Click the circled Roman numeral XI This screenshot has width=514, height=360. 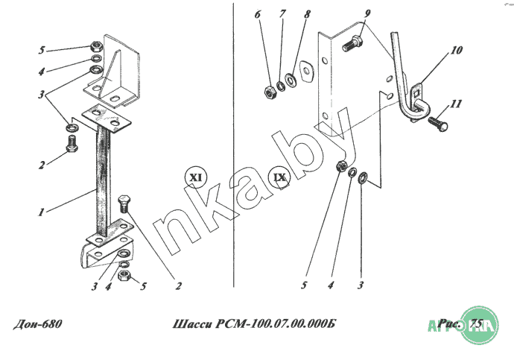pyautogui.click(x=196, y=177)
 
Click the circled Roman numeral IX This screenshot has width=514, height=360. pyautogui.click(x=279, y=177)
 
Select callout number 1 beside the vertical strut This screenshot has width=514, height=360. pyautogui.click(x=41, y=212)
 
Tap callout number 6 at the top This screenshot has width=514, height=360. pyautogui.click(x=258, y=14)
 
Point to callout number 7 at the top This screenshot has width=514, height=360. pyautogui.click(x=282, y=13)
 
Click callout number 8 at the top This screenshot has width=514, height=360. pyautogui.click(x=307, y=14)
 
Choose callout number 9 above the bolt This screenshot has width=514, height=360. pyautogui.click(x=367, y=13)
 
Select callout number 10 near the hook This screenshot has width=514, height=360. pyautogui.click(x=456, y=50)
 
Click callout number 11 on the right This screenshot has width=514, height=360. pyautogui.click(x=456, y=104)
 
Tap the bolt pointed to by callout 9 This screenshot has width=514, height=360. pyautogui.click(x=352, y=45)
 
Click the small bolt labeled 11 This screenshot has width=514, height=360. pyautogui.click(x=437, y=123)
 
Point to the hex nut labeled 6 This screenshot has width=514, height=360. pyautogui.click(x=270, y=92)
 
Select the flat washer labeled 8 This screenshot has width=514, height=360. pyautogui.click(x=291, y=80)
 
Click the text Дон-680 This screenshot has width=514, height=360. pyautogui.click(x=37, y=324)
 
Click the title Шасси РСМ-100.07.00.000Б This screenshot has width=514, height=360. pyautogui.click(x=254, y=324)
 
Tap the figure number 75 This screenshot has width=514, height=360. pyautogui.click(x=476, y=323)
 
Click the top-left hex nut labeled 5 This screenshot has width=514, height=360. pyautogui.click(x=96, y=45)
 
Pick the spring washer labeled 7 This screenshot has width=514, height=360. pyautogui.click(x=281, y=86)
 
